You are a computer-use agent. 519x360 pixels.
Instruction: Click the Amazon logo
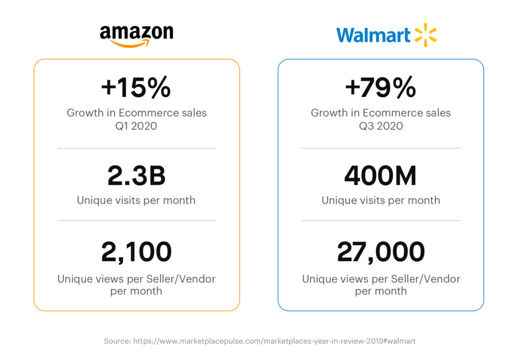136,35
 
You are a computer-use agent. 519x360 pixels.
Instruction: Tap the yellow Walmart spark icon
425,35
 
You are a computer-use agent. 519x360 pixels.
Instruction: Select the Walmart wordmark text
373,35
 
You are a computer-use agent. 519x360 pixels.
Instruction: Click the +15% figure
136,88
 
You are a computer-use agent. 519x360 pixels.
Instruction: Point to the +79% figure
381,88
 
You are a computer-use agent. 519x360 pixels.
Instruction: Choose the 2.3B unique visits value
136,176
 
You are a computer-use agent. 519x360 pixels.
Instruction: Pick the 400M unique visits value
381,176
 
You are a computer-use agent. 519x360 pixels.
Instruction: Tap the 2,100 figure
136,252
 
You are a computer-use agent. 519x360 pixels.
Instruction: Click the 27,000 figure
381,252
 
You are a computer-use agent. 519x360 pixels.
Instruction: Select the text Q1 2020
136,126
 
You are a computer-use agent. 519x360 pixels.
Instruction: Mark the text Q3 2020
381,126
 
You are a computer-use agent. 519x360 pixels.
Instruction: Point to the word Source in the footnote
117,341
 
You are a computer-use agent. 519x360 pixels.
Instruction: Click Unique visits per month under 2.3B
136,200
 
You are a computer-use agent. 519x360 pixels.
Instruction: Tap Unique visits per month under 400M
381,200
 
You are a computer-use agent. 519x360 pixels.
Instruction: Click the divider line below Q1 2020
136,148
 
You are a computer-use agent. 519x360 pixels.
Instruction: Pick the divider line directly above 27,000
381,221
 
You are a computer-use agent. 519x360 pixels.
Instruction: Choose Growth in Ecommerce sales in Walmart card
381,113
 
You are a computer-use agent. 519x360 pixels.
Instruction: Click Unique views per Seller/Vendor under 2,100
136,279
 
